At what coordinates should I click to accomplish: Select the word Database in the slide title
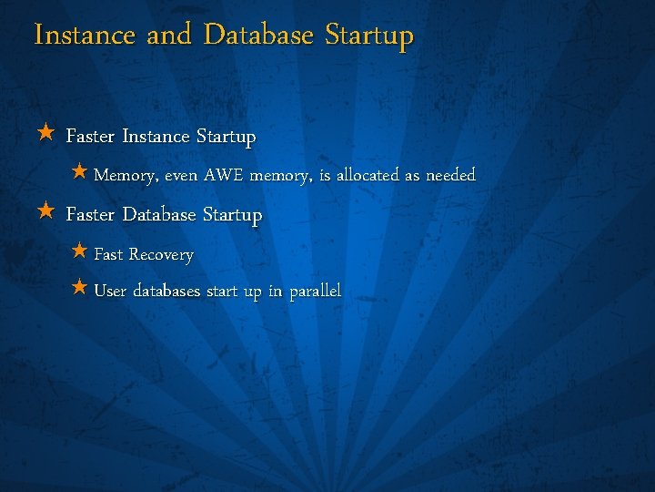[258, 36]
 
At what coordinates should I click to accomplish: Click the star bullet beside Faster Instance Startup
[46, 135]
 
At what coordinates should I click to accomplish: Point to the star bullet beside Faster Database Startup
[46, 213]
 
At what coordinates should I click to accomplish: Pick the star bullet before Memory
[79, 171]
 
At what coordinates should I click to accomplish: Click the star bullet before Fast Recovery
[79, 251]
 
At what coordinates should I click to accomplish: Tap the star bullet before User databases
[79, 289]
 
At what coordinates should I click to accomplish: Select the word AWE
[224, 174]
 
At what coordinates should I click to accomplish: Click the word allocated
[368, 174]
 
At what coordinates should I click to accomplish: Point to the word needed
[448, 174]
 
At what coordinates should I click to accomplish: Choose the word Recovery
[161, 255]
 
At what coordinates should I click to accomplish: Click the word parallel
[315, 292]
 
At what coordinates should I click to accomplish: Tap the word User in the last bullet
[110, 292]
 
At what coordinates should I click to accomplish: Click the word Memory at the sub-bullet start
[126, 175]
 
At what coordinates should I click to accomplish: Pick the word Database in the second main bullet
[159, 216]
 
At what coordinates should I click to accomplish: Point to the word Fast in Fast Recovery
[108, 254]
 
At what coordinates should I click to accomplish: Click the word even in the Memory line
[181, 175]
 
